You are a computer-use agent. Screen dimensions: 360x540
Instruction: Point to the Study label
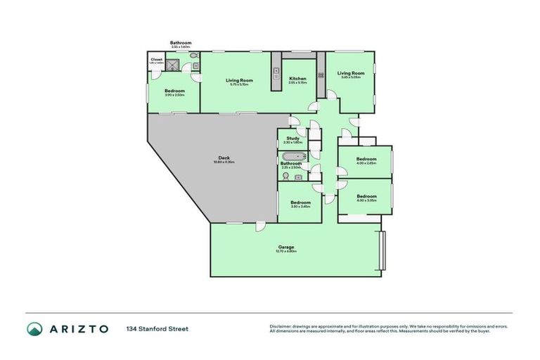(292, 139)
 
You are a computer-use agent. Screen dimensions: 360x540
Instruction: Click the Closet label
(156, 60)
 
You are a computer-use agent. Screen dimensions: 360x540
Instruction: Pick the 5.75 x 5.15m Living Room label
(239, 80)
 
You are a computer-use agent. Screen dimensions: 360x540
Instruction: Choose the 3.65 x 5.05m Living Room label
(350, 73)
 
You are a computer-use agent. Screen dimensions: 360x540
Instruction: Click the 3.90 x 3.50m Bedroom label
(174, 91)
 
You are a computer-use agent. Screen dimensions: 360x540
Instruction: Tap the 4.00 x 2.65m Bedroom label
(366, 159)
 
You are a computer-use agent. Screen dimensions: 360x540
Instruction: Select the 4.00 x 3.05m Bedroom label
(366, 197)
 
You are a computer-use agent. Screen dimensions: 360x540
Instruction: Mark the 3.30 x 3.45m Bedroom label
(300, 202)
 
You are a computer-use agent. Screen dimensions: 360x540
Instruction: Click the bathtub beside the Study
(292, 155)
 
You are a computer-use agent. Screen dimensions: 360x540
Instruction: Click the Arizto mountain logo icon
(35, 328)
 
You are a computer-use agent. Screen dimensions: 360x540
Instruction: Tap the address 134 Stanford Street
(157, 328)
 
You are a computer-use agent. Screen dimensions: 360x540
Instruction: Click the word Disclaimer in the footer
(282, 326)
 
